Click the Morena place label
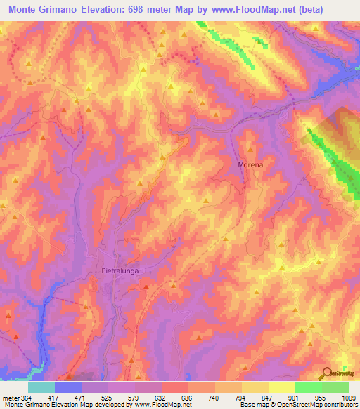tap(250, 164)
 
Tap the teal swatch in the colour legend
tap(41, 387)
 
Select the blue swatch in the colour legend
tap(68, 387)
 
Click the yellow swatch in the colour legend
tap(282, 387)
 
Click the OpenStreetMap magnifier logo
tap(326, 372)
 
